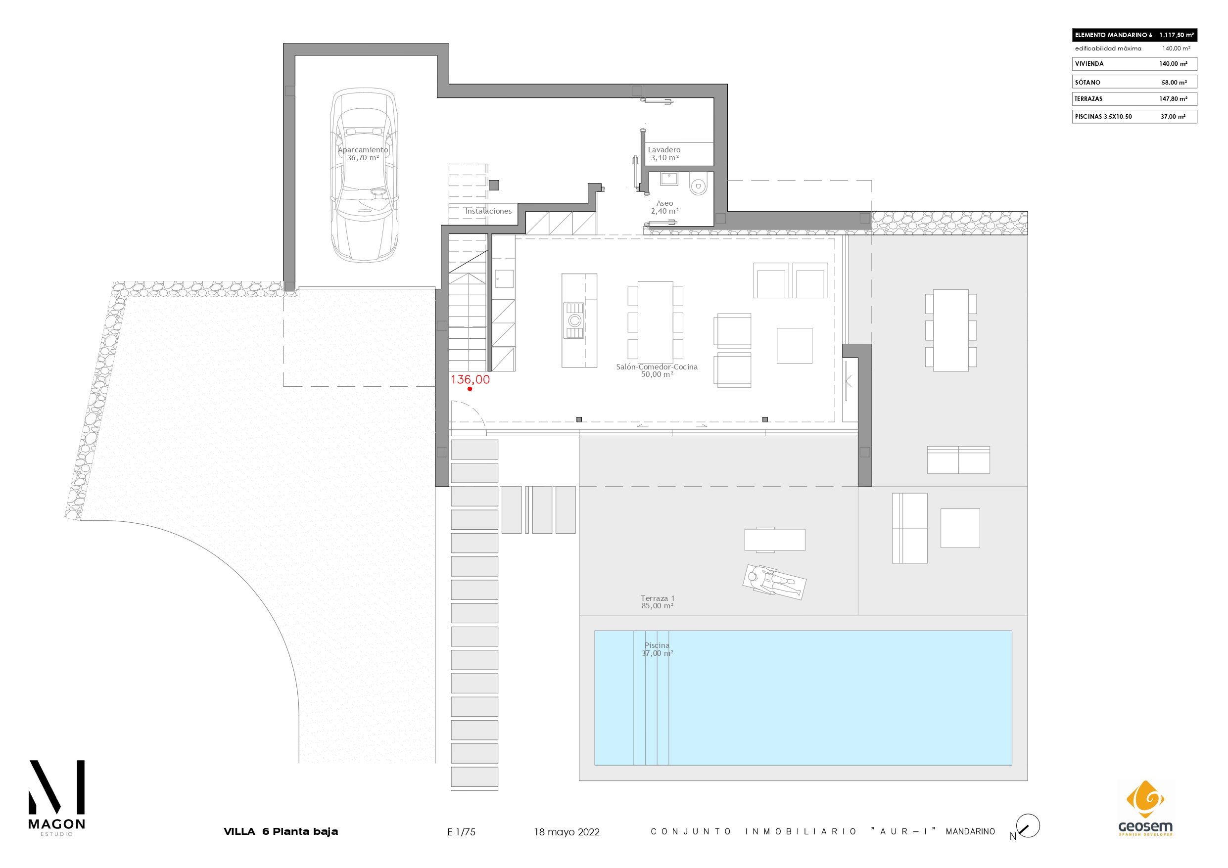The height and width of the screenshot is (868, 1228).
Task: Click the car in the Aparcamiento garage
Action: click(x=364, y=175)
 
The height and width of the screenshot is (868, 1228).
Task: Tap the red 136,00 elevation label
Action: click(x=470, y=379)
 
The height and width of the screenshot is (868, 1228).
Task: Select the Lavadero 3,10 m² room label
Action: click(x=664, y=153)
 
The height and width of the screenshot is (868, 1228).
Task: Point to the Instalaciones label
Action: click(x=488, y=211)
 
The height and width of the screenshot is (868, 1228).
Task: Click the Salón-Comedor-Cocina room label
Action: click(x=657, y=370)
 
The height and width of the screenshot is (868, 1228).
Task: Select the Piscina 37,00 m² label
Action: click(x=658, y=649)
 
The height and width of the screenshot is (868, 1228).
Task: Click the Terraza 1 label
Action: click(x=658, y=598)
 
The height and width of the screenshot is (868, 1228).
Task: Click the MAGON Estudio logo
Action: click(x=57, y=798)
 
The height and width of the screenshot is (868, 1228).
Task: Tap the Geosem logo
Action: click(x=1145, y=808)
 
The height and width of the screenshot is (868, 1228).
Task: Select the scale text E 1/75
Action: click(x=461, y=831)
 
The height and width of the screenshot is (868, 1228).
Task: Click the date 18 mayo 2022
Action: click(x=567, y=831)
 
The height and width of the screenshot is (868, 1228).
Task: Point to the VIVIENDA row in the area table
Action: click(x=1134, y=64)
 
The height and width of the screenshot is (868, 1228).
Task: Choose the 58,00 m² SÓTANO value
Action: click(x=1174, y=83)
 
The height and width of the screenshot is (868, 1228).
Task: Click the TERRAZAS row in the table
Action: click(x=1134, y=99)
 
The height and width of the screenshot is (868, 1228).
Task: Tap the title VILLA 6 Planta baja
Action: click(x=281, y=831)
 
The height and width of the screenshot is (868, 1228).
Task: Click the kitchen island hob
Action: click(x=574, y=320)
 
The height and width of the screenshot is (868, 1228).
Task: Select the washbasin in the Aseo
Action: click(x=668, y=179)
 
